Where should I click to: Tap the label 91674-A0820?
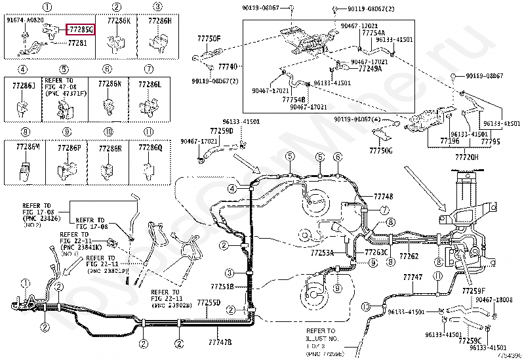(x=25, y=21)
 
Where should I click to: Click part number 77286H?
(x=159, y=21)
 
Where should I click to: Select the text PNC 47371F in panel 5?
(x=64, y=94)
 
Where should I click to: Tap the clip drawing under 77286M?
(x=24, y=172)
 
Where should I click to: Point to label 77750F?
(x=209, y=39)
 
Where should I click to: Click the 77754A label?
(x=373, y=32)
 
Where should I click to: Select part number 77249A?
(x=370, y=68)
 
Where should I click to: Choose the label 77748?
(x=384, y=197)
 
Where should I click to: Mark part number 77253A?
(x=323, y=252)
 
